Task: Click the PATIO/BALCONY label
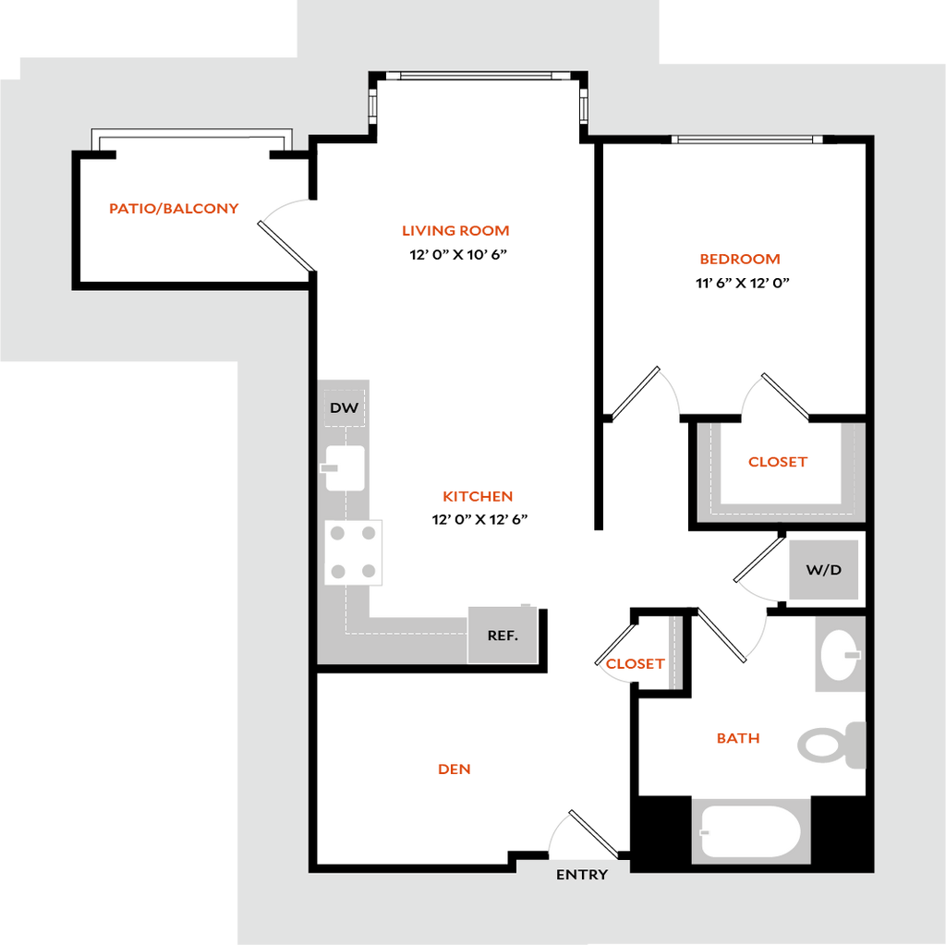point(175,209)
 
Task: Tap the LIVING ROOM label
point(456,231)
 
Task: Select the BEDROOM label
point(740,260)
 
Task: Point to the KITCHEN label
point(479,497)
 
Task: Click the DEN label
point(455,769)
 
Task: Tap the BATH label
point(738,738)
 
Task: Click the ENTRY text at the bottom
point(582,874)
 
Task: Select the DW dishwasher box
point(345,407)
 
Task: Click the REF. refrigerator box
point(503,635)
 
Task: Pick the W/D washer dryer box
point(824,569)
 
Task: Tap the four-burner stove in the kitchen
point(354,551)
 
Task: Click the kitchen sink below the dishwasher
point(345,467)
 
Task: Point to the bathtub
point(750,831)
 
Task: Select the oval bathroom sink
point(839,655)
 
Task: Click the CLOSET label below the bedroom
point(778,462)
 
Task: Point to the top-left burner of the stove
point(338,533)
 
